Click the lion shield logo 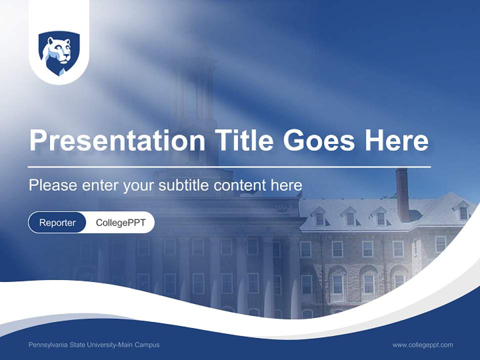tap(59, 53)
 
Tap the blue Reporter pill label tap(57, 222)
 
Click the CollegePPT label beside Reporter tap(120, 222)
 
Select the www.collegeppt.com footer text tap(422, 344)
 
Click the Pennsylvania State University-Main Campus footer tap(94, 344)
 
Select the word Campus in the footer tap(149, 344)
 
